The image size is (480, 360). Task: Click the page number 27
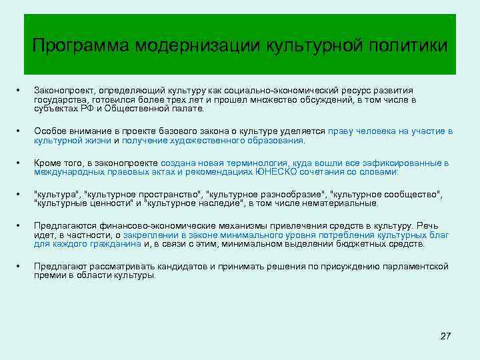pos(446,336)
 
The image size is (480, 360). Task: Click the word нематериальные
pos(341,203)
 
